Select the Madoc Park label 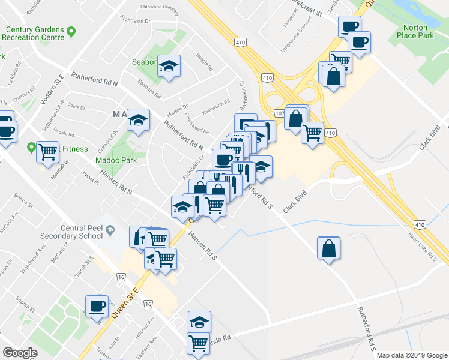tap(116, 160)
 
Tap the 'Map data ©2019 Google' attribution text tap(411, 355)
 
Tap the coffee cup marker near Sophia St tap(97, 306)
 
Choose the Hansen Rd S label tap(202, 245)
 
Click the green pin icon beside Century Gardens tap(71, 31)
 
